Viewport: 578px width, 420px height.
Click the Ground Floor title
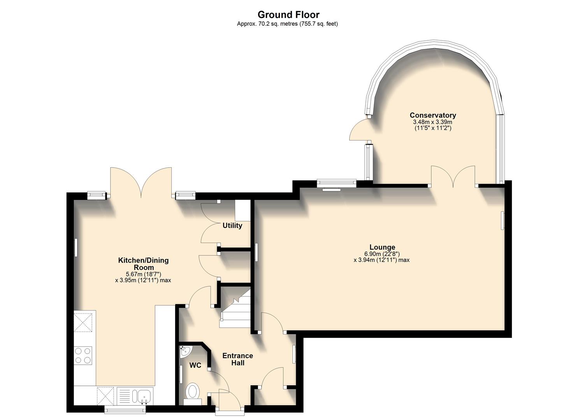click(288, 15)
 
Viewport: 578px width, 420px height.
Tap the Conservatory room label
click(432, 115)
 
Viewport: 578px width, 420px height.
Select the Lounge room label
click(382, 247)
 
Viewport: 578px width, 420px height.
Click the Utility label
click(232, 226)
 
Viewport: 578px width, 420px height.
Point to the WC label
click(195, 365)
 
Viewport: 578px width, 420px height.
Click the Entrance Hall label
click(237, 359)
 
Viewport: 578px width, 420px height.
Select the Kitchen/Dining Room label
click(143, 264)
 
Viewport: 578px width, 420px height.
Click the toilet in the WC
click(192, 392)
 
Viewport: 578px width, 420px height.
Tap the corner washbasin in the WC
click(185, 351)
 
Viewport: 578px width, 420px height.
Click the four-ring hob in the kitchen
click(83, 355)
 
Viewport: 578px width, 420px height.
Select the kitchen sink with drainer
click(135, 396)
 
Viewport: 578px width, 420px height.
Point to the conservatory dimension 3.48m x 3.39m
click(432, 122)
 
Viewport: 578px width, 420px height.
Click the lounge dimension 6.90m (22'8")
click(381, 254)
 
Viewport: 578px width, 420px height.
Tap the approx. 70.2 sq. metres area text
click(287, 24)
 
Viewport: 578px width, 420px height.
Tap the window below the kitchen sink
click(125, 409)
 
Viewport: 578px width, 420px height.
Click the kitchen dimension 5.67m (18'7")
click(143, 274)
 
